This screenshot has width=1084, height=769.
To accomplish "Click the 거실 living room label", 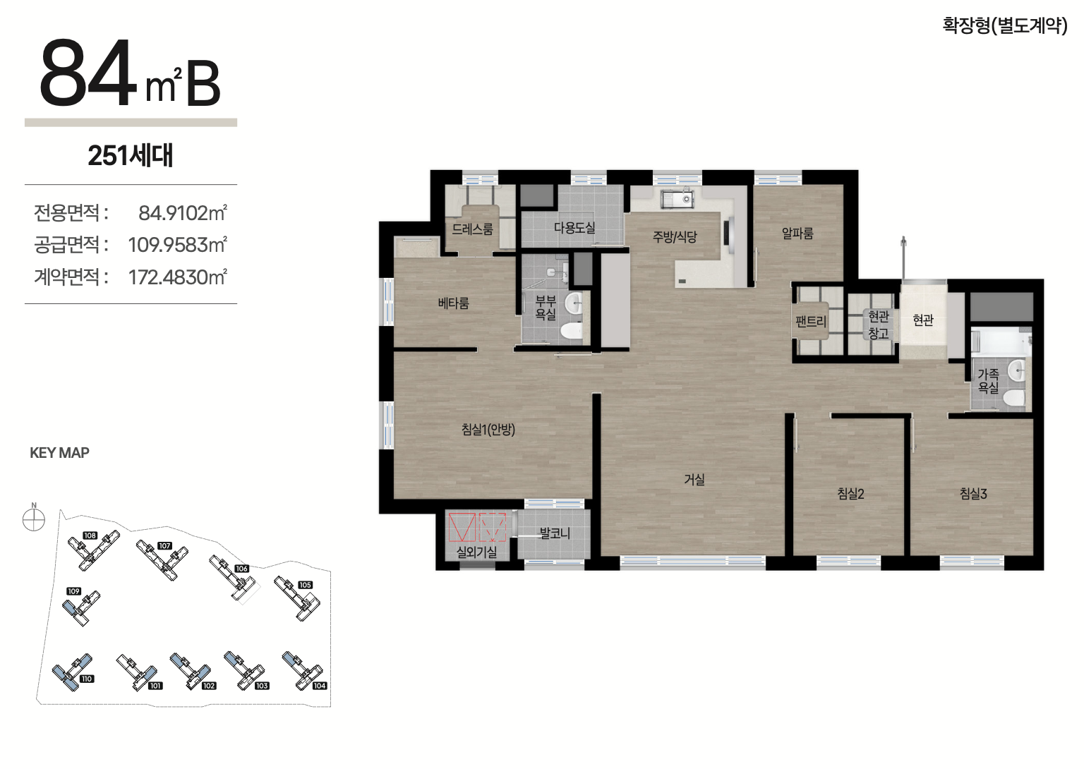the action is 694,479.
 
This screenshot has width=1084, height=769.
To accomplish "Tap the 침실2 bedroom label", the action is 850,493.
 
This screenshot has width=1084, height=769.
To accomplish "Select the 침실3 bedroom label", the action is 973,493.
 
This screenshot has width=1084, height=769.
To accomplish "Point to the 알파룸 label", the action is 797,233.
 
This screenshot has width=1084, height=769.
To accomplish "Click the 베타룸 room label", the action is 454,303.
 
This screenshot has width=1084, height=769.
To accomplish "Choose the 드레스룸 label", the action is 472,229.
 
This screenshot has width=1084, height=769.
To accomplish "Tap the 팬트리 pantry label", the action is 811,321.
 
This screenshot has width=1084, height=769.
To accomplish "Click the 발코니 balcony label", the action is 555,533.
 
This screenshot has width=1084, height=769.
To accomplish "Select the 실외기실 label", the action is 476,552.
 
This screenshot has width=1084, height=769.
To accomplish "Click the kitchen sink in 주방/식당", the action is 677,199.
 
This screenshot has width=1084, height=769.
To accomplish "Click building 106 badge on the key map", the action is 241,569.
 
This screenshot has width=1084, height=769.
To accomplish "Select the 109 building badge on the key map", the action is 73,591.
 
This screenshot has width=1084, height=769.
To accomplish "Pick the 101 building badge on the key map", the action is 155,685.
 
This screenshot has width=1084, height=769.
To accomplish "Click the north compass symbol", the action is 34,520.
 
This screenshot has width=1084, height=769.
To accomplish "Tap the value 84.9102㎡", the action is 183,213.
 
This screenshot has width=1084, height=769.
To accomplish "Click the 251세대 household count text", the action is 130,155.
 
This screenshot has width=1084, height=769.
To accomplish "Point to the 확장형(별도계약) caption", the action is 1005,25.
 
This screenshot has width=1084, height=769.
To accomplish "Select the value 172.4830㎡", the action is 177,277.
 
